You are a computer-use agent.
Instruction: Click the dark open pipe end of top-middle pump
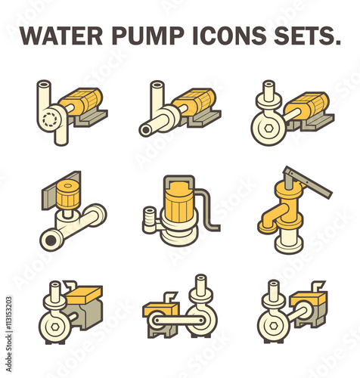145,130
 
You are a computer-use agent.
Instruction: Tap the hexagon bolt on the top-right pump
268,128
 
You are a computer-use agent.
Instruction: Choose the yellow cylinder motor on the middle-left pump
68,195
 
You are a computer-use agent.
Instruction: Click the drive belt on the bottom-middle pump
179,321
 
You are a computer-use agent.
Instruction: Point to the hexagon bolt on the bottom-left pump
55,327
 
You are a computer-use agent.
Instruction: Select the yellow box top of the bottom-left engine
84,294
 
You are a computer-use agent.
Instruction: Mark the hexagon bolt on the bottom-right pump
274,327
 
